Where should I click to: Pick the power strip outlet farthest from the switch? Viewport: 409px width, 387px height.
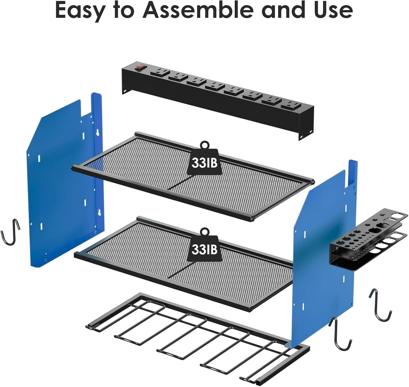[x=291, y=105]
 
